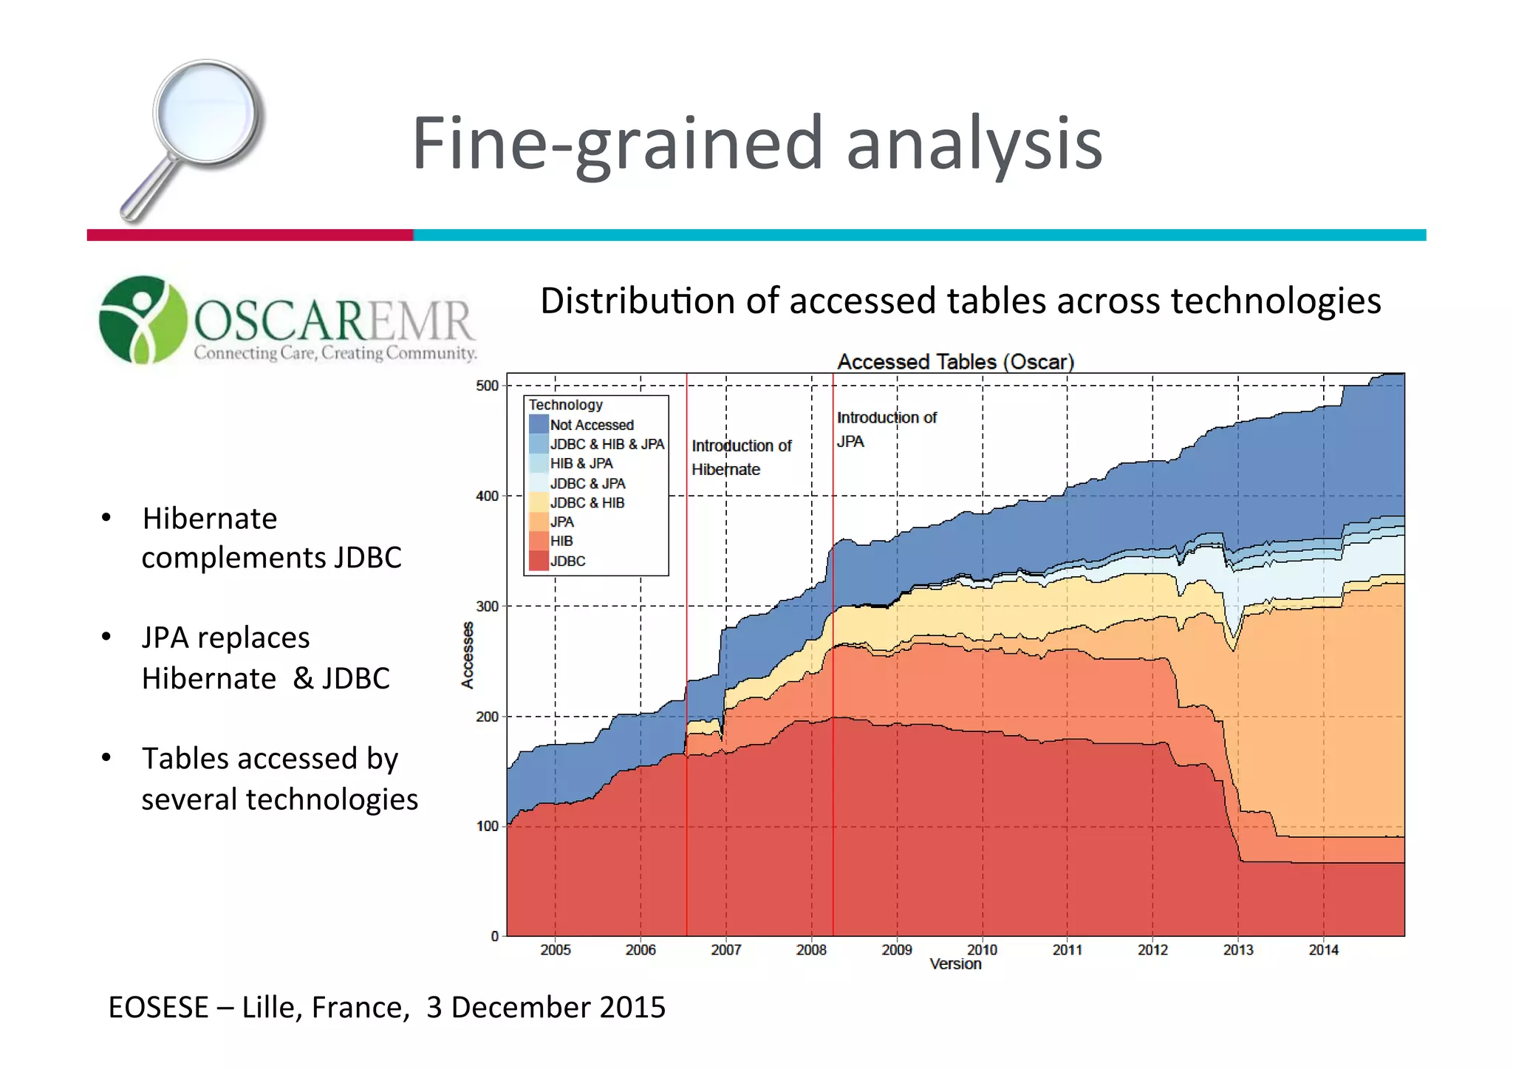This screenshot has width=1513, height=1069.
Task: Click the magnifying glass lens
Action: (x=208, y=112)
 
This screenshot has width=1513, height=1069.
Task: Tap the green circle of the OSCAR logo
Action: (x=143, y=320)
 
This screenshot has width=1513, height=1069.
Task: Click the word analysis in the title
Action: (x=974, y=143)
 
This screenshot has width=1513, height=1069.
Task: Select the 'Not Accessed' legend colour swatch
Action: (x=539, y=425)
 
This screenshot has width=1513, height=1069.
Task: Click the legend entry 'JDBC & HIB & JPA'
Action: (x=607, y=444)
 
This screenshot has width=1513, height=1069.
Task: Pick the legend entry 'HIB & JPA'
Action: (x=581, y=463)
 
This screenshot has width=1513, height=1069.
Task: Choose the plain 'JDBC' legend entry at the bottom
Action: (x=567, y=561)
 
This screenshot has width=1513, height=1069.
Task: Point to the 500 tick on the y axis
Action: (x=488, y=386)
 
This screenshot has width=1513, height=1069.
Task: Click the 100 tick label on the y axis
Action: (x=488, y=826)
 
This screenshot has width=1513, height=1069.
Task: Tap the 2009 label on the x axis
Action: (x=897, y=950)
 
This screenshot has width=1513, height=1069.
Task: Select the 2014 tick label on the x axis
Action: (x=1323, y=950)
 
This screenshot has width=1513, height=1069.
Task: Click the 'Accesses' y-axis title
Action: (x=467, y=655)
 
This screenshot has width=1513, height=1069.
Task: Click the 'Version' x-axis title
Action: (x=955, y=964)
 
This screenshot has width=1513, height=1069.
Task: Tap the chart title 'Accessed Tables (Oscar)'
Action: (x=955, y=362)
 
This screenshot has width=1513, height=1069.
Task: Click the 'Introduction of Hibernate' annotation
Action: (x=740, y=457)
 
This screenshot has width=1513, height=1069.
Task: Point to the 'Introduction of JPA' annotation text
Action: (x=886, y=429)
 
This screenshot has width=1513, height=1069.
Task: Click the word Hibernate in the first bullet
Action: (x=210, y=519)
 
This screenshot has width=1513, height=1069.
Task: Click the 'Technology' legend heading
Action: (x=565, y=405)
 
